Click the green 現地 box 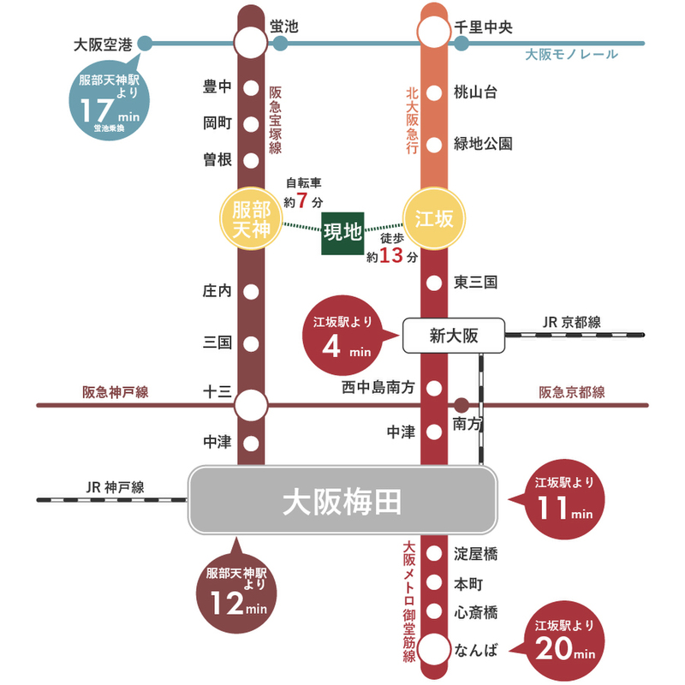pyautogui.click(x=342, y=231)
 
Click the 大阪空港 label pyautogui.click(x=104, y=43)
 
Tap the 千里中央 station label pyautogui.click(x=483, y=28)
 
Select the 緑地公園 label pyautogui.click(x=483, y=144)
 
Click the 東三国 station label pyautogui.click(x=476, y=283)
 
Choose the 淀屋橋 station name pyautogui.click(x=476, y=554)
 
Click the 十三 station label pyautogui.click(x=217, y=391)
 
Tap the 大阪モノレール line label pyautogui.click(x=571, y=55)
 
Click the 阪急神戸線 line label pyautogui.click(x=116, y=392)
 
